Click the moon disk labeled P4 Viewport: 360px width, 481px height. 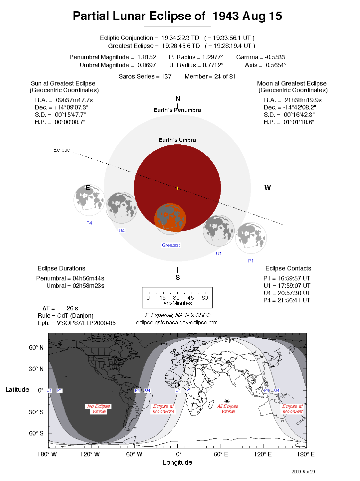89,200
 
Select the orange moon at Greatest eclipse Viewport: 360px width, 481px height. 170,218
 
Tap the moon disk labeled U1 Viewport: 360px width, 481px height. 219,231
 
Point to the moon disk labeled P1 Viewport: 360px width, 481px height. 251,238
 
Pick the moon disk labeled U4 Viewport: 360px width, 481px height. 121,208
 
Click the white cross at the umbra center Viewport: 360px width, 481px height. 177,188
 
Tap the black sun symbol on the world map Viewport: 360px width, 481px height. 227,401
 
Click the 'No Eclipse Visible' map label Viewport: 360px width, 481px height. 99,409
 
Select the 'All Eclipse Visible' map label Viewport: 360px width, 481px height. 228,409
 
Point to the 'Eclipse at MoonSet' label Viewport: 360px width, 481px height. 292,409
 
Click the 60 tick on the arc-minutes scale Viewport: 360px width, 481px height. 205,297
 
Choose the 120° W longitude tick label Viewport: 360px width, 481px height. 90,454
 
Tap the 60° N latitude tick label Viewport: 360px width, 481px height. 36,348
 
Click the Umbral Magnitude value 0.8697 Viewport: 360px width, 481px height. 146,65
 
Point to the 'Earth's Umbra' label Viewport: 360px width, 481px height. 177,140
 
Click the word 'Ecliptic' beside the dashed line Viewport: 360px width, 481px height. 62,150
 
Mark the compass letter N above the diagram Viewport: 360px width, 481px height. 178,98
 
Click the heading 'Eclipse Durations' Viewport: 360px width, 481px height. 61,268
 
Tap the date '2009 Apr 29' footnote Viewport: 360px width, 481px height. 303,472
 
